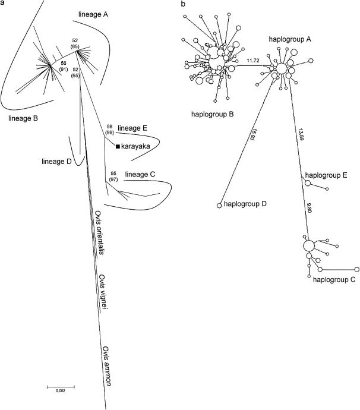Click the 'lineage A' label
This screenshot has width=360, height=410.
pos(97,12)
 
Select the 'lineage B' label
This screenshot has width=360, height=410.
pos(23,118)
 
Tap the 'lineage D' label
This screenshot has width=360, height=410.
pos(58,160)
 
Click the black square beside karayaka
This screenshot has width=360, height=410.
pos(118,146)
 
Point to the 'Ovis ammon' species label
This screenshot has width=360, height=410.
pos(107,365)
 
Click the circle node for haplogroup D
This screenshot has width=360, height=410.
pos(219,206)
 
